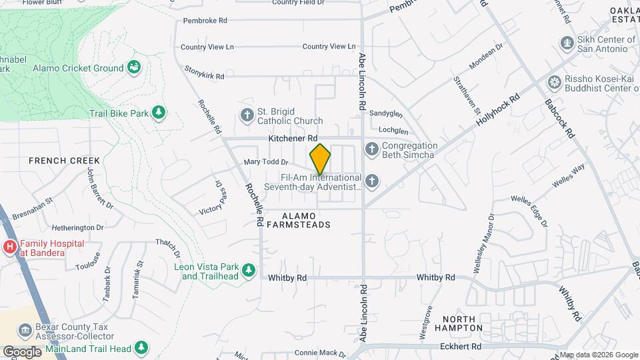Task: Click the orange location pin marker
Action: tap(320, 159)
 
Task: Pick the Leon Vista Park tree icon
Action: tap(248, 270)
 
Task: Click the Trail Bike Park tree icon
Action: tap(159, 113)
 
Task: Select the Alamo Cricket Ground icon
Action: tap(135, 67)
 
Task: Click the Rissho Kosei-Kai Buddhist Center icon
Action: tap(554, 83)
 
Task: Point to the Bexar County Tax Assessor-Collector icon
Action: tap(25, 330)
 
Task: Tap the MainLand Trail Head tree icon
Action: tap(141, 348)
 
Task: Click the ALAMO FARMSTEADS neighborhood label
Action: tap(298, 220)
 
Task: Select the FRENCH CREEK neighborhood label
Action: tap(64, 161)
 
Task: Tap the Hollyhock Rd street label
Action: tap(498, 111)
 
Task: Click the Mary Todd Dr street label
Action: tap(265, 162)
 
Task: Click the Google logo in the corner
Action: tap(22, 351)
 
